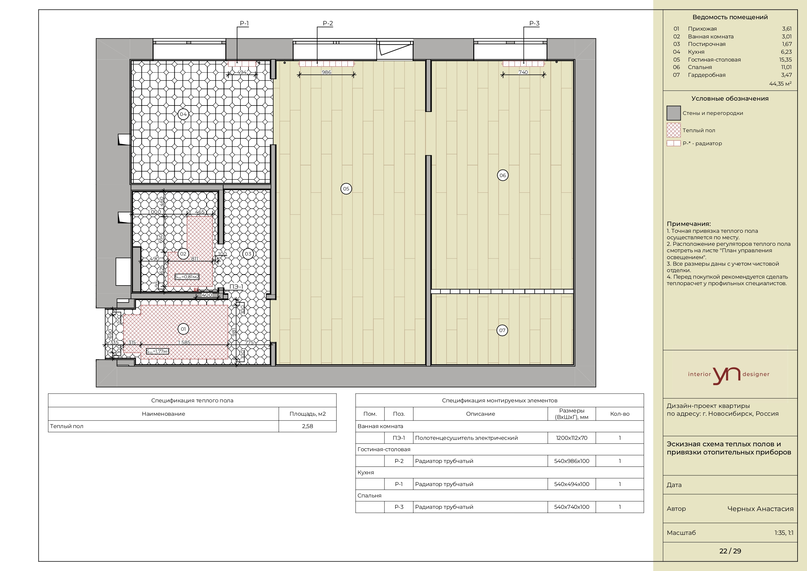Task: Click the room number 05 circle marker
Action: pyautogui.click(x=346, y=188)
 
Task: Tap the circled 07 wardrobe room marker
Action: pyautogui.click(x=502, y=330)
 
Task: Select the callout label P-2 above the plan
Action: pyautogui.click(x=328, y=23)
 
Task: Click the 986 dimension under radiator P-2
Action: pyautogui.click(x=326, y=72)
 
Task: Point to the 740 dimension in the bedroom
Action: pyautogui.click(x=523, y=72)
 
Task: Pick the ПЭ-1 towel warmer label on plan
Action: pyautogui.click(x=236, y=287)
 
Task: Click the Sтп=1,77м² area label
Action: pyautogui.click(x=157, y=351)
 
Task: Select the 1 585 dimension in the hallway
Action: pyautogui.click(x=184, y=342)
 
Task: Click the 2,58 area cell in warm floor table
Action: pyautogui.click(x=307, y=426)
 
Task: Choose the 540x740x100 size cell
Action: pyautogui.click(x=572, y=507)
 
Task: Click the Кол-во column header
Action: pyautogui.click(x=620, y=414)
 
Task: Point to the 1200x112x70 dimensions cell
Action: pyautogui.click(x=572, y=438)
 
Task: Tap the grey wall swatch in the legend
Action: pyautogui.click(x=673, y=113)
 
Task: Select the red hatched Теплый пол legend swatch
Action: pyautogui.click(x=673, y=130)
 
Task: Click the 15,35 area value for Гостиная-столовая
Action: pyautogui.click(x=785, y=60)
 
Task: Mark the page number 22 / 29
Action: pyautogui.click(x=730, y=551)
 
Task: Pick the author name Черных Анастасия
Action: pyautogui.click(x=760, y=509)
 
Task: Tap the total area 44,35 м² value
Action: pyautogui.click(x=780, y=84)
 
